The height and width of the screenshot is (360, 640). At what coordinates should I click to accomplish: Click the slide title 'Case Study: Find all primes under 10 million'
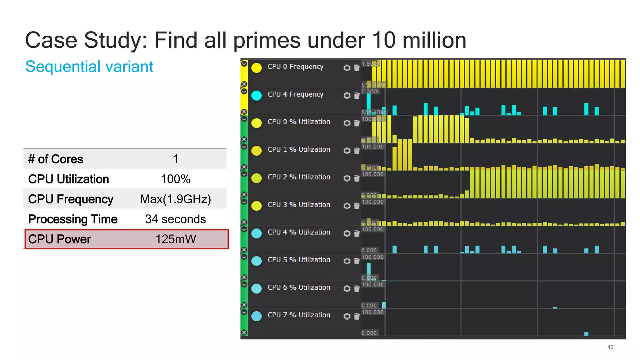point(245,40)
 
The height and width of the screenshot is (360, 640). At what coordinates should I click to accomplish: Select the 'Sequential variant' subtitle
point(89,67)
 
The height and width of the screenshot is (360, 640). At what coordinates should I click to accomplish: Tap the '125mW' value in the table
point(176,239)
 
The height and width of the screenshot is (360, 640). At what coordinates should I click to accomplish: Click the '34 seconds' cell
point(175,219)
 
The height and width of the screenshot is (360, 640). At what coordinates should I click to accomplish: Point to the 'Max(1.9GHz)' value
point(175,199)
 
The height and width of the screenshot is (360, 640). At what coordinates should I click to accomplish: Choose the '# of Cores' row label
point(56,159)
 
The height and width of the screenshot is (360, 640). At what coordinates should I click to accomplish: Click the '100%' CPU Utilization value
point(175,179)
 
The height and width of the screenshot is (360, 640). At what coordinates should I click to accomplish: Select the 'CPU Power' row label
point(59,239)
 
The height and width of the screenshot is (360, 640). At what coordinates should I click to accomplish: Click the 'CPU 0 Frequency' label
point(295,67)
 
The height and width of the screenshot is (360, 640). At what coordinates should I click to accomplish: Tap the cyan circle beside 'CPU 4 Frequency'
point(257,95)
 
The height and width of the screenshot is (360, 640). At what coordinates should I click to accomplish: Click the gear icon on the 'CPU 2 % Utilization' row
point(347,178)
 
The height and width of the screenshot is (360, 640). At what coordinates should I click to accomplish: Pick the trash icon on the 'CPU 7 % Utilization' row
point(357,316)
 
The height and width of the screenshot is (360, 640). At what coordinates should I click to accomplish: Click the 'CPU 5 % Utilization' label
point(299,260)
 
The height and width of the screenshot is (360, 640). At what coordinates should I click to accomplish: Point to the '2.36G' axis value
point(370,92)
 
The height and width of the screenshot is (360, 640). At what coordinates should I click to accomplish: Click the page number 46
point(610,347)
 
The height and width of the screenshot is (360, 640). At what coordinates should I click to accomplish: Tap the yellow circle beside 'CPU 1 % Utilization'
point(257,151)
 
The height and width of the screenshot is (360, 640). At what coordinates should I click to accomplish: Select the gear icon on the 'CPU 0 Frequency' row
point(347,68)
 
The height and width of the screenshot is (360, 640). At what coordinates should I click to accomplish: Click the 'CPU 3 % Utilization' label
point(299,205)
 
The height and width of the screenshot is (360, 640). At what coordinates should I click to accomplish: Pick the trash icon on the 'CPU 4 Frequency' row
point(357,95)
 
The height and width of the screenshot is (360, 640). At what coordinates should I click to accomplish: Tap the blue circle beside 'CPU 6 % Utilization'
point(257,288)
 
